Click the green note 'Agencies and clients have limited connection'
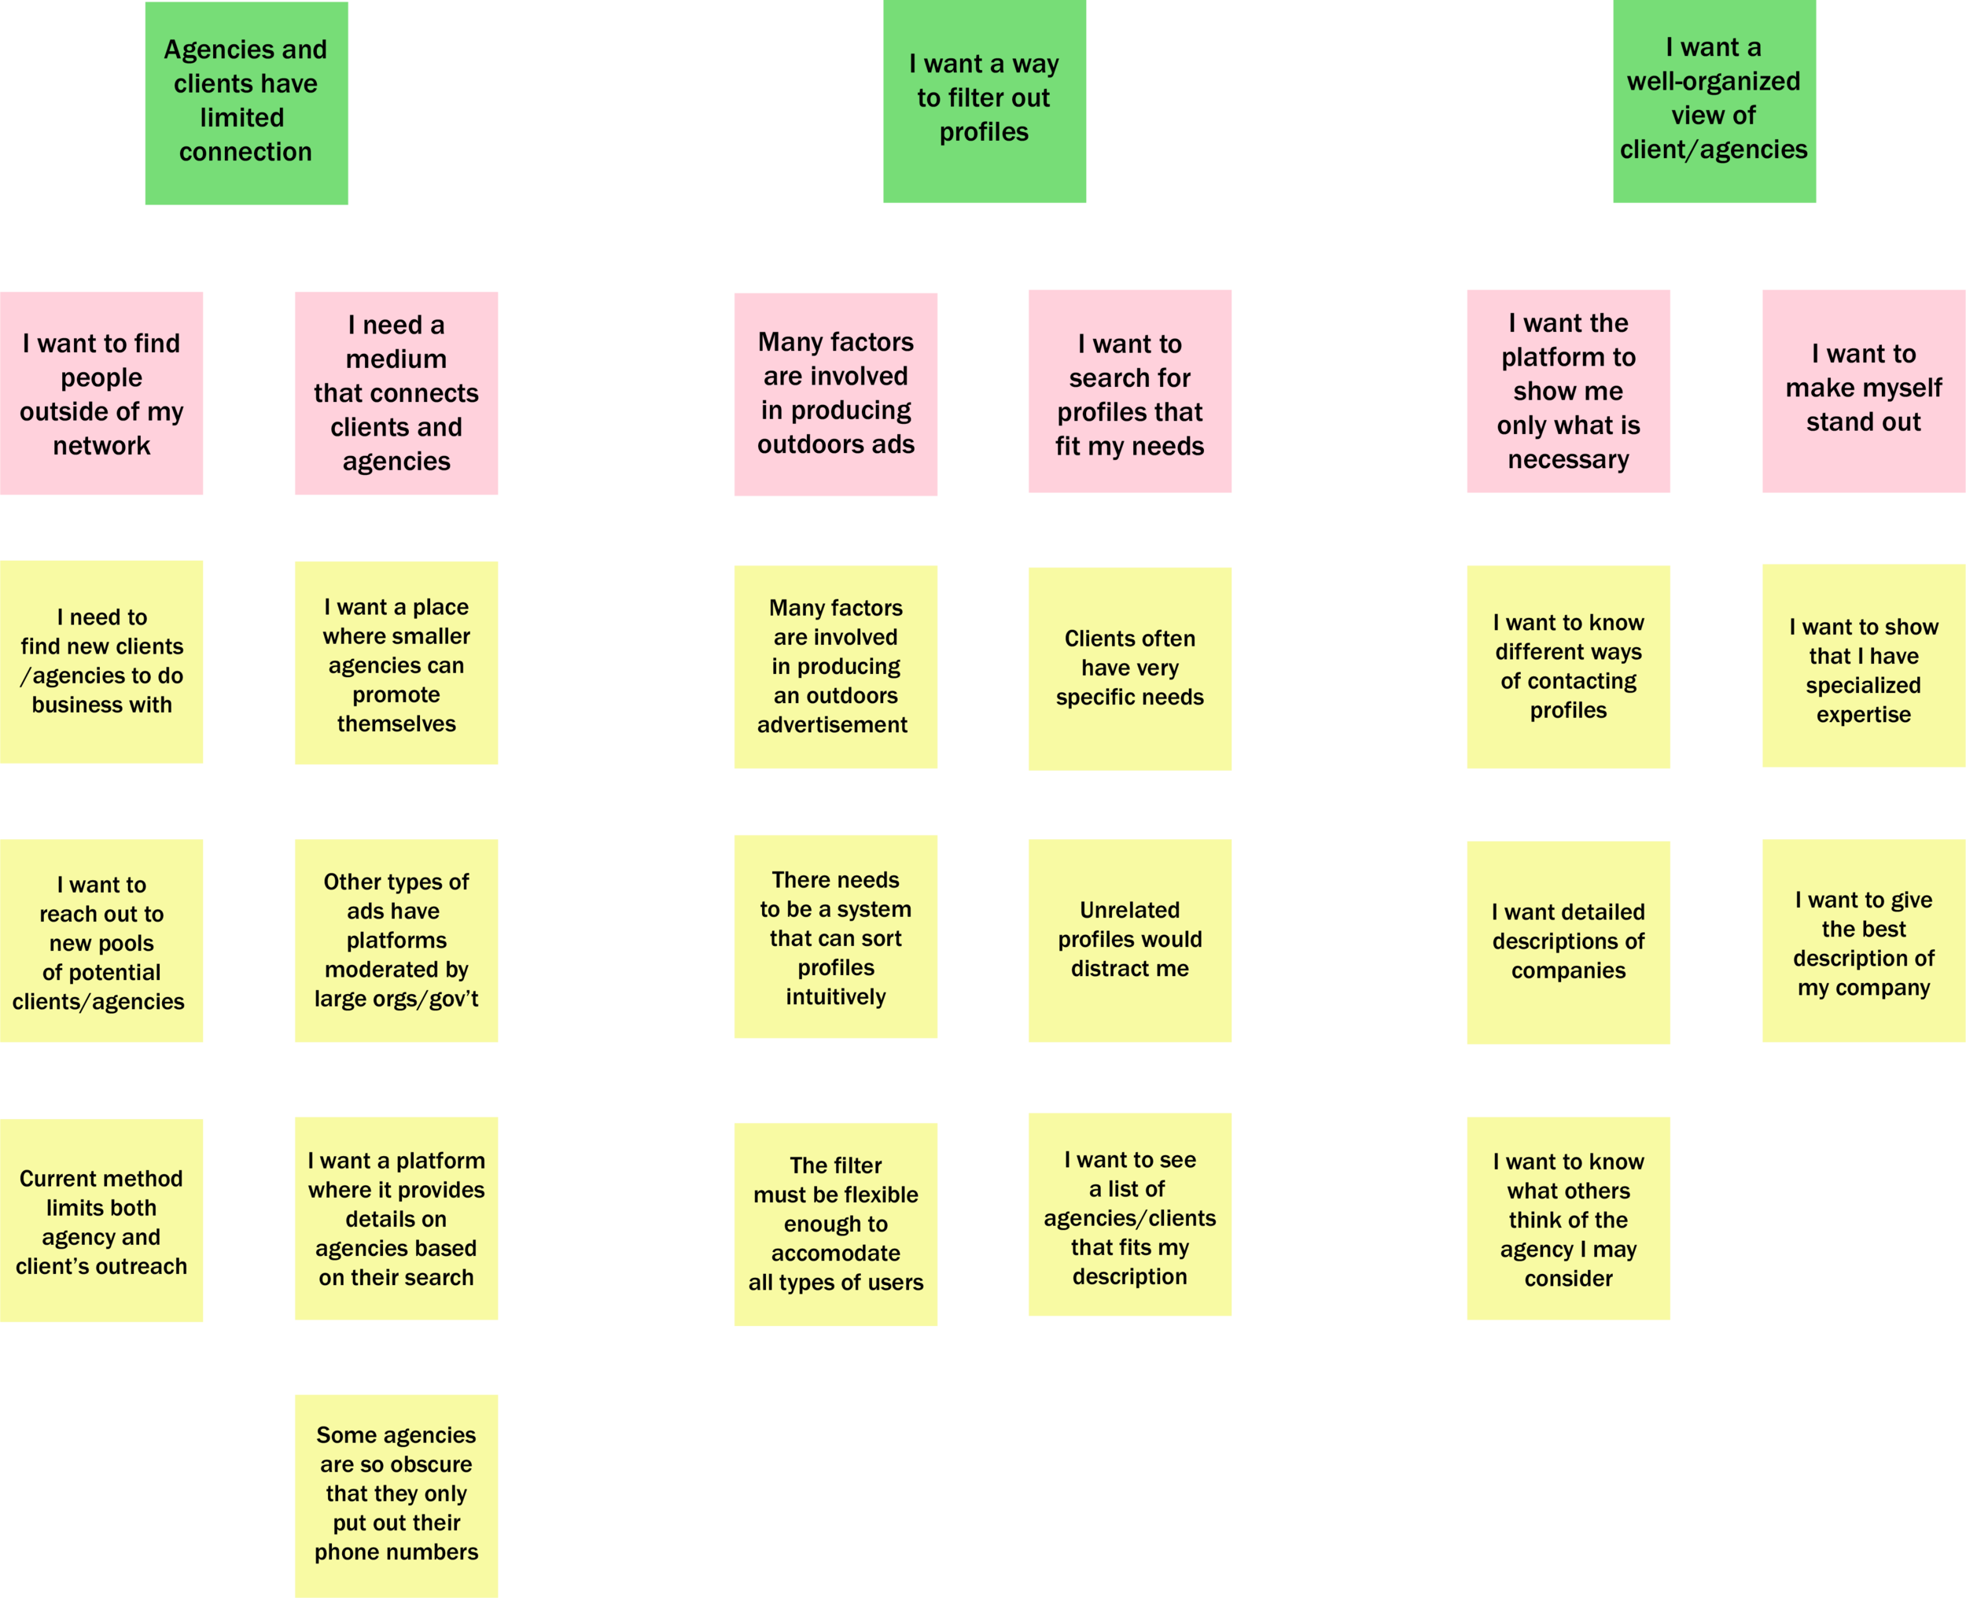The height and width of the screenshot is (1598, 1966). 245,101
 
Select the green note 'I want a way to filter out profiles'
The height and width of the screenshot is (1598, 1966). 983,98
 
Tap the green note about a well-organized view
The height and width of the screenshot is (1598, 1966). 1713,98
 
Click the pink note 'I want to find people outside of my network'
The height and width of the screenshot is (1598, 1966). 101,395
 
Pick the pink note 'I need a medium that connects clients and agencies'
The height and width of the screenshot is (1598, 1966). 396,393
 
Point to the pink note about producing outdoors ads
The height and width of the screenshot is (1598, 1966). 836,394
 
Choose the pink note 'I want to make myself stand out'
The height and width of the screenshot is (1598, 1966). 1863,388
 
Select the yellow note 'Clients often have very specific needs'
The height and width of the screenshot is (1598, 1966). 1129,668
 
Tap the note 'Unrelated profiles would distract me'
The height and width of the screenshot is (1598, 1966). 1129,940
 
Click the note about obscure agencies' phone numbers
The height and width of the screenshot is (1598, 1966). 396,1493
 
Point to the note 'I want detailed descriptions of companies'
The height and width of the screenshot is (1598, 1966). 1567,941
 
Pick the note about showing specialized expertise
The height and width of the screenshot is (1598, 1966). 1863,671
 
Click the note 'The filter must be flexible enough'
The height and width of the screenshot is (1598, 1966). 836,1224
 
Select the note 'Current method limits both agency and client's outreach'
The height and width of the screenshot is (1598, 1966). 101,1222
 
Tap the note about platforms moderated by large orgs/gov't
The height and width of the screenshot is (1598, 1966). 396,941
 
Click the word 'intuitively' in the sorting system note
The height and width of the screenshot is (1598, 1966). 836,997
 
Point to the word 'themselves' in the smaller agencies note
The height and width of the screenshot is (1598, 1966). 396,724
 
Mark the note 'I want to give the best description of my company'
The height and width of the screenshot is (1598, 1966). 1863,944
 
